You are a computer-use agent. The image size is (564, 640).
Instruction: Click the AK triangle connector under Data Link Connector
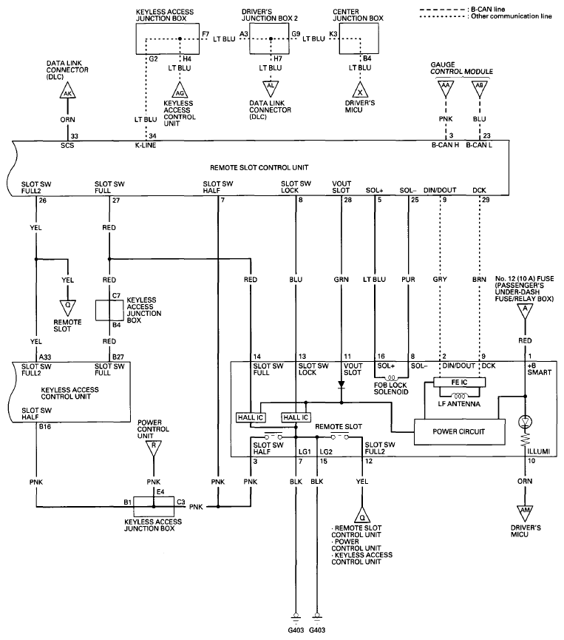click(67, 92)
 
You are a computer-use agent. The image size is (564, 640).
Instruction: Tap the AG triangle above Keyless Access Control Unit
click(180, 90)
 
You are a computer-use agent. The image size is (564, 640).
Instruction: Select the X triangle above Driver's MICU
click(360, 90)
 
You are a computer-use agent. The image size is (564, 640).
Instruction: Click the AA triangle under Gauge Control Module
click(445, 89)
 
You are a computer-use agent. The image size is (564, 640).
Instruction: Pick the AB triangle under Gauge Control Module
click(480, 89)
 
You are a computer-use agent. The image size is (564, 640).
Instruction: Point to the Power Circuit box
click(459, 432)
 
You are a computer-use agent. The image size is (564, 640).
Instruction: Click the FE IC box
click(460, 383)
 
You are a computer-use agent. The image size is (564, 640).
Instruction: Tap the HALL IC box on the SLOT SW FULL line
click(251, 417)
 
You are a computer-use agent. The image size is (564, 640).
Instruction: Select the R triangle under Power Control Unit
click(153, 448)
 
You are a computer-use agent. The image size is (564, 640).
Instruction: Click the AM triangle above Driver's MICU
click(525, 512)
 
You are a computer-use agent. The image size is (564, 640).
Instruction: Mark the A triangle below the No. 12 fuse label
click(525, 311)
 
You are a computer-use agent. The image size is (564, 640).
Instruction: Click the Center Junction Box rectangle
click(359, 38)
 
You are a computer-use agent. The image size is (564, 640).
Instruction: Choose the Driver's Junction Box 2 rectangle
click(270, 38)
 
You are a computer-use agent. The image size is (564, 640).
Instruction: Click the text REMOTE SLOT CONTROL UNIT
click(259, 168)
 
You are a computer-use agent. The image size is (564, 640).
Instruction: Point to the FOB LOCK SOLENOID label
click(391, 388)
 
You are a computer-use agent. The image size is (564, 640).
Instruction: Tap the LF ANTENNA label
click(459, 404)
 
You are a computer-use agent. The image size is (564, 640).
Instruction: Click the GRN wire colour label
click(341, 280)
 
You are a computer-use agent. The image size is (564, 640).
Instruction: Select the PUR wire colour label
click(408, 280)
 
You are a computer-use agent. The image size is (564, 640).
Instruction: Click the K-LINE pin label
click(146, 145)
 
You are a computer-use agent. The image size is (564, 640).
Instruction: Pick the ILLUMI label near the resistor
click(539, 451)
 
